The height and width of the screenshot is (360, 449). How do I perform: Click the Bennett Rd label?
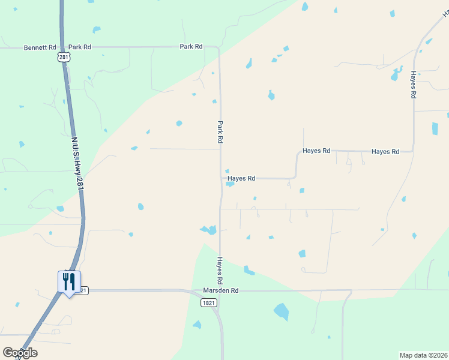(x=40, y=47)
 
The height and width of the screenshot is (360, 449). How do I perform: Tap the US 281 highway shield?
(x=65, y=56)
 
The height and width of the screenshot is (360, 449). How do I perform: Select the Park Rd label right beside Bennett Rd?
(x=79, y=47)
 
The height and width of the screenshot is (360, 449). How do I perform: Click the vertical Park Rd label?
(x=220, y=131)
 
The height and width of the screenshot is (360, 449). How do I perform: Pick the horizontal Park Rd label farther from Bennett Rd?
(x=191, y=47)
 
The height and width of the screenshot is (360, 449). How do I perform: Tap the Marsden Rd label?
(x=221, y=290)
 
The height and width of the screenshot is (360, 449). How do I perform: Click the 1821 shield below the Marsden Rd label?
(x=208, y=303)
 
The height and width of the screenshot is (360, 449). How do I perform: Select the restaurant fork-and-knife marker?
(x=69, y=281)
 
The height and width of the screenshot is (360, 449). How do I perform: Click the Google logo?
(x=20, y=353)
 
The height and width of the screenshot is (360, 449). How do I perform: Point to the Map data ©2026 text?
(x=424, y=355)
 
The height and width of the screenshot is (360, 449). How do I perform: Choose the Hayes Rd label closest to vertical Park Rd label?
(x=242, y=178)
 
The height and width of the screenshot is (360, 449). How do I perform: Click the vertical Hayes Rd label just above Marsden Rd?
(x=220, y=271)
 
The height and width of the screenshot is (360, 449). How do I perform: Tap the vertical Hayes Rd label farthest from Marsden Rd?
(x=414, y=85)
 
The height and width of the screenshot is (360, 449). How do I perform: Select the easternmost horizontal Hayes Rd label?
(x=385, y=152)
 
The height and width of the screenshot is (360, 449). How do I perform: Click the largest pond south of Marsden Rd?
(x=281, y=311)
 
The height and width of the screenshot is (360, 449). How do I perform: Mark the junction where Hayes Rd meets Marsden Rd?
(x=220, y=291)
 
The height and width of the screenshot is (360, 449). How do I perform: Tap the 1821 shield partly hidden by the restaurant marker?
(x=83, y=290)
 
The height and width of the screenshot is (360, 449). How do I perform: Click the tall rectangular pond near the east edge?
(x=435, y=128)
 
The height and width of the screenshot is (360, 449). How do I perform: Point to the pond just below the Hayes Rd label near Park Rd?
(x=230, y=184)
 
